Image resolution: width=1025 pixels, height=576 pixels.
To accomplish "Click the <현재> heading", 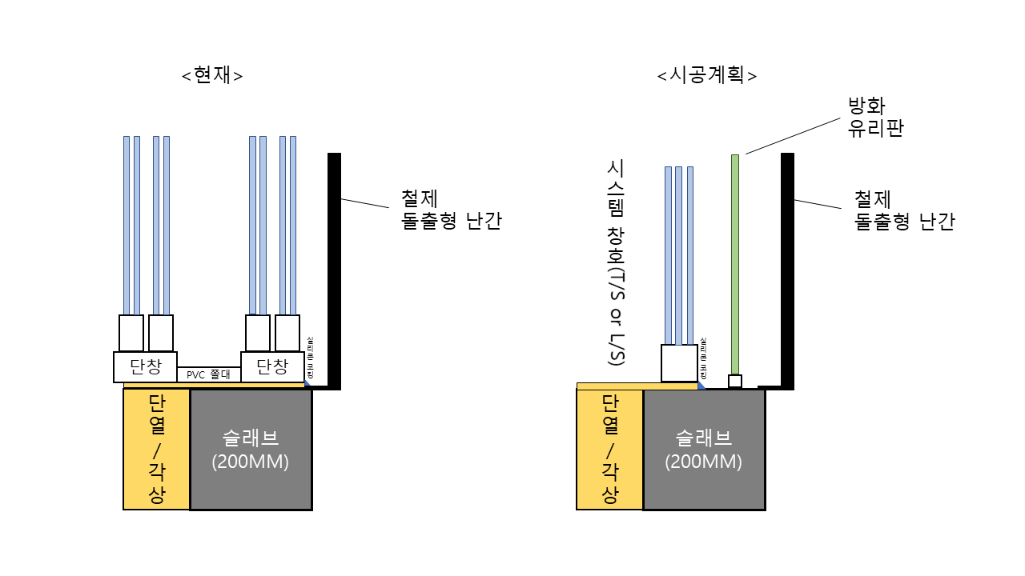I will point(212,75).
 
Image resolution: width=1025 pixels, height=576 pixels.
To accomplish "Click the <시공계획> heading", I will point(707,75).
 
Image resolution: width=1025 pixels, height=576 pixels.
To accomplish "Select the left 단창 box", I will point(145,367).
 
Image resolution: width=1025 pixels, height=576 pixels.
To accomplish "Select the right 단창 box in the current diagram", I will point(272,367).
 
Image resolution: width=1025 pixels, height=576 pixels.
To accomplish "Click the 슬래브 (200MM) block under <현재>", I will point(251,450).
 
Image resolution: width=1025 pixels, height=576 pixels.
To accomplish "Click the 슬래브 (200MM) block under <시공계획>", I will point(704,450).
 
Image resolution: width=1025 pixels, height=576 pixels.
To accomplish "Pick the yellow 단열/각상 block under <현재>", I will point(156,450).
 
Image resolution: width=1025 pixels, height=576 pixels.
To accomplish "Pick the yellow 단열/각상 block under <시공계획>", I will point(609,450).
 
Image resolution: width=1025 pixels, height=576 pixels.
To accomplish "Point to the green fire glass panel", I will point(734,264).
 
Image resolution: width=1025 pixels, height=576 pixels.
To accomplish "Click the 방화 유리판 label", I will point(876,117).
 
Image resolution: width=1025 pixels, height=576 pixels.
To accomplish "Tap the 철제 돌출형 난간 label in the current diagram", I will point(451,210).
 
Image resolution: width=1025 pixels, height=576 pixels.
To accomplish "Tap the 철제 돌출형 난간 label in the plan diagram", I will point(904,210).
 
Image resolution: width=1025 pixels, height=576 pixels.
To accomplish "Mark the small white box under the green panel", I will point(734,381).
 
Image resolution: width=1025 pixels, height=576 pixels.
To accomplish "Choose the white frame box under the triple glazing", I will point(678,363).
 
